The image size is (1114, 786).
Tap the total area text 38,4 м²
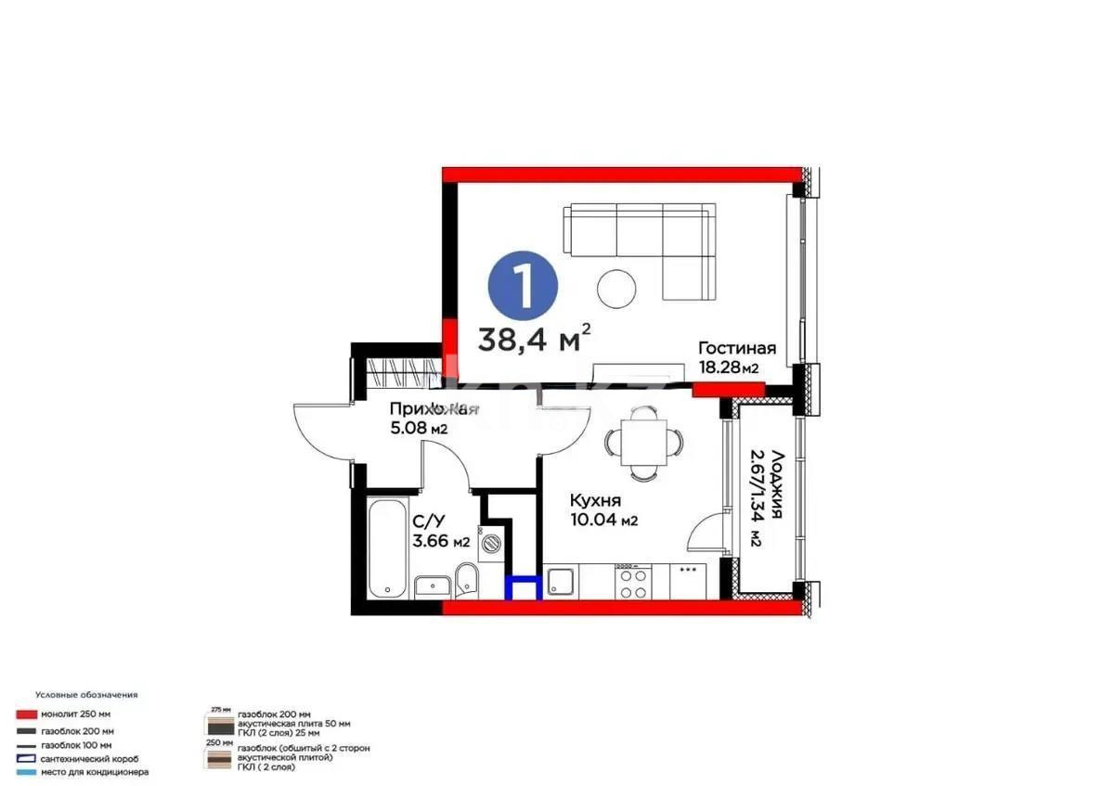(x=534, y=339)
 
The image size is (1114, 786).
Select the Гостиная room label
(x=736, y=349)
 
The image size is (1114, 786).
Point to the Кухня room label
(x=596, y=500)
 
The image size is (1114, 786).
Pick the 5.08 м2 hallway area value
(x=421, y=429)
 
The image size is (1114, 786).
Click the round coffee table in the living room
(x=616, y=288)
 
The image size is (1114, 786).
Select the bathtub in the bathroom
(x=385, y=549)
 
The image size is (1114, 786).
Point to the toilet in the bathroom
(x=465, y=584)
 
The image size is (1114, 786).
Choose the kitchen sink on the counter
(x=560, y=583)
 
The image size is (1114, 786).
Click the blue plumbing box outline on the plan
(x=523, y=588)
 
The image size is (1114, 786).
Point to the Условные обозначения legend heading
(x=86, y=694)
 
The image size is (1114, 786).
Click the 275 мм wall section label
(x=219, y=708)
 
